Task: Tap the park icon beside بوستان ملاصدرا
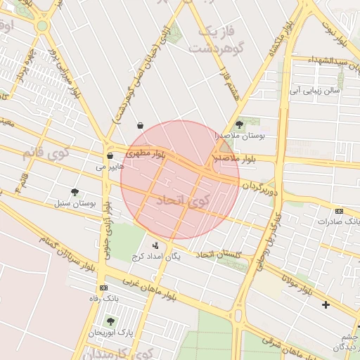click(239, 124)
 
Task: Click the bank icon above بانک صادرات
click(340, 211)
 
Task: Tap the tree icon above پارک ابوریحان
click(110, 321)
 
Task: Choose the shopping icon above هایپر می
click(110, 156)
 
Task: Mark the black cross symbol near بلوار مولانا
click(326, 304)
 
